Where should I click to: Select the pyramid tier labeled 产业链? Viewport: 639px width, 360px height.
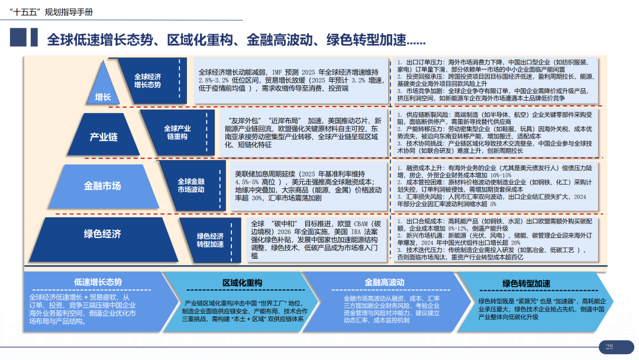click(104, 137)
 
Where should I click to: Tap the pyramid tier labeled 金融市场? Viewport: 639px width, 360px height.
click(102, 185)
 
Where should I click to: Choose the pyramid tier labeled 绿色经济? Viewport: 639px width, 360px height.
click(102, 233)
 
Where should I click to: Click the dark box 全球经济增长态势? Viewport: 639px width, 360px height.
click(147, 81)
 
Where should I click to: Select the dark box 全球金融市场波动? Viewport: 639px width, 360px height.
click(191, 185)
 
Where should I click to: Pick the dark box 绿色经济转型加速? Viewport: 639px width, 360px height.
click(210, 240)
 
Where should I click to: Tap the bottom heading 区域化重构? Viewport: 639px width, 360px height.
click(242, 282)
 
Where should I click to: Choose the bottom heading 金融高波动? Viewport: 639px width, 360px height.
click(384, 282)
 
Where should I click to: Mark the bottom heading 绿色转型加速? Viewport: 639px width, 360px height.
click(526, 283)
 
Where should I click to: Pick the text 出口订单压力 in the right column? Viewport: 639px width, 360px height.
click(425, 62)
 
